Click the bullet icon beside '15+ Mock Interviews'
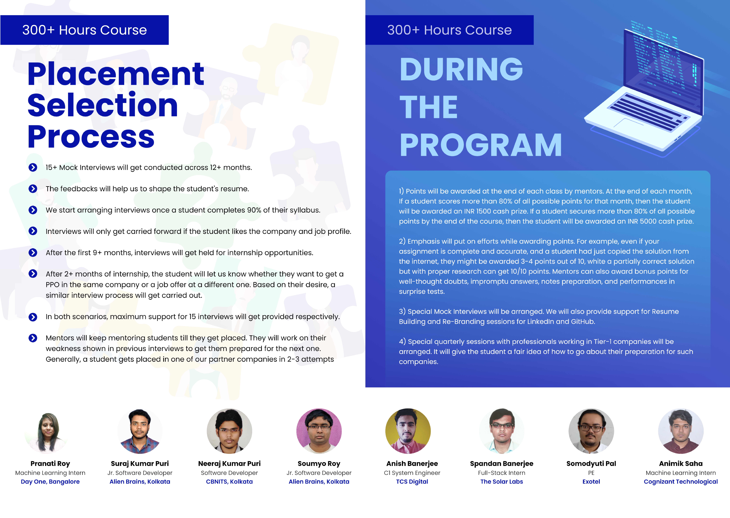click(33, 167)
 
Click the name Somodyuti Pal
click(591, 463)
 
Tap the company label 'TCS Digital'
click(412, 482)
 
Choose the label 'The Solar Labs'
click(502, 482)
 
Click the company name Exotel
click(591, 482)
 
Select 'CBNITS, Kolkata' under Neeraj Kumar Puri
click(229, 482)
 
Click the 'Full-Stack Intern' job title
click(502, 473)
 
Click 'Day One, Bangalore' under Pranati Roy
click(50, 482)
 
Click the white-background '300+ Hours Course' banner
click(85, 30)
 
